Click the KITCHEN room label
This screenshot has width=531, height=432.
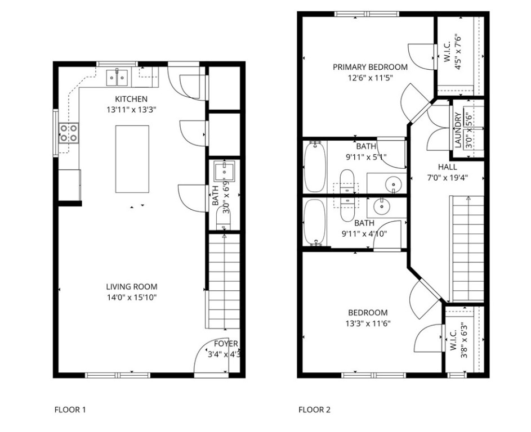tap(131, 99)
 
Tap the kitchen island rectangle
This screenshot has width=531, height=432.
tap(132, 159)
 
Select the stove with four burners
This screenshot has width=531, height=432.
tap(69, 133)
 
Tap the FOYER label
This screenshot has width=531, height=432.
tap(226, 344)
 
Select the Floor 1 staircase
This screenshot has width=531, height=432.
tap(224, 281)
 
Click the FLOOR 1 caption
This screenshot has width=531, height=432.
tap(70, 409)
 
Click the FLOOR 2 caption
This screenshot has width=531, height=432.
tap(314, 409)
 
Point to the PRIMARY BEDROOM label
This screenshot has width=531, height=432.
tap(370, 67)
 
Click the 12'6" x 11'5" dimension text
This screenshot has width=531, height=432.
tap(369, 78)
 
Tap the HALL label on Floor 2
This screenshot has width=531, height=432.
tap(448, 167)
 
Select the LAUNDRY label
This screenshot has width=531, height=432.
tap(458, 130)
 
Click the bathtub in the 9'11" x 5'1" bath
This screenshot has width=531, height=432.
tap(315, 166)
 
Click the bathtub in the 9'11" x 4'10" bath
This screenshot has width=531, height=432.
tap(315, 223)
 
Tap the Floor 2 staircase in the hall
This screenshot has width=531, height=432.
tap(466, 247)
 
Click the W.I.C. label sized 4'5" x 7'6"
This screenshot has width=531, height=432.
tap(447, 50)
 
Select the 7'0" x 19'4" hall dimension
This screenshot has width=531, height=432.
tap(448, 178)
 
